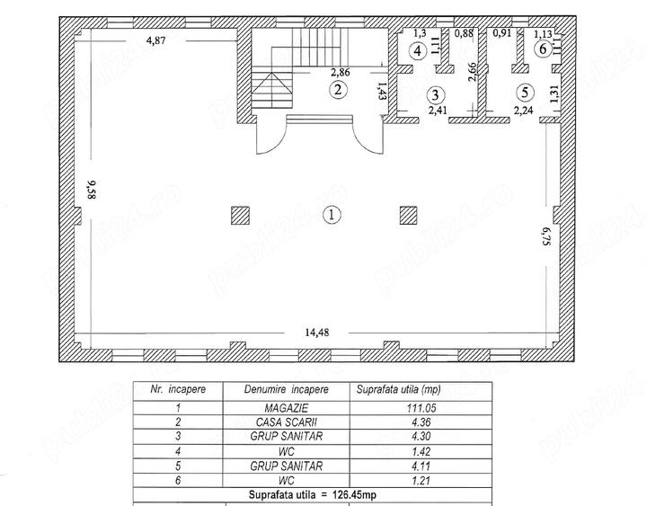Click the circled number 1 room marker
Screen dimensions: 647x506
332,215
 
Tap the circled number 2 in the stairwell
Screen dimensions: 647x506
339,90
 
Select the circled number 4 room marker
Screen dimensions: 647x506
418,51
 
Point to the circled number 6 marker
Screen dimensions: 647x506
543,49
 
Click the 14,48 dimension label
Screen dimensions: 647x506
317,333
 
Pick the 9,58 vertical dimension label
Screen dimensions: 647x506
91,190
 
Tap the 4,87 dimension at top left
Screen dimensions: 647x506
156,40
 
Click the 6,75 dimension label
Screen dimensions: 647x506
546,236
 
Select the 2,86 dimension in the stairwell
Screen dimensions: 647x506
341,72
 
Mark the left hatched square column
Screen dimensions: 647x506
240,216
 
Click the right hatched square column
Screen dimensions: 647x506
409,216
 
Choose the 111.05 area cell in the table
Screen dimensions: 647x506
421,408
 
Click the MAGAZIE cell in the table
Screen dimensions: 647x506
287,408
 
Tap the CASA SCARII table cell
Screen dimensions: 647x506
287,422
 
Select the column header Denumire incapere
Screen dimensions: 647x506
287,389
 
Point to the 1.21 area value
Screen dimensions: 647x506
421,481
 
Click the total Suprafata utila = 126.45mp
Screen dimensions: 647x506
313,494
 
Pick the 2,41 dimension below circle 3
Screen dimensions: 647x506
439,111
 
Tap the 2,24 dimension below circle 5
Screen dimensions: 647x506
523,111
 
